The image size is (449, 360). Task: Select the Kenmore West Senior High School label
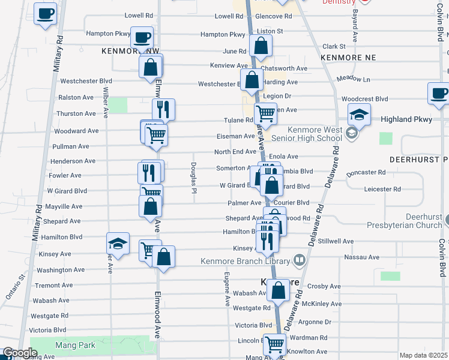[315, 134]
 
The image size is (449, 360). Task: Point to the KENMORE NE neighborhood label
[348, 57]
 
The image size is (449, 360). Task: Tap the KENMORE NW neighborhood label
[126, 52]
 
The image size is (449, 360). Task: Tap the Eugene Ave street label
[227, 289]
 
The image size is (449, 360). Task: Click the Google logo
[20, 353]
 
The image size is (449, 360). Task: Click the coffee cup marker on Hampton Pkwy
[142, 38]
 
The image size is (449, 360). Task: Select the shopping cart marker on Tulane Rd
[265, 112]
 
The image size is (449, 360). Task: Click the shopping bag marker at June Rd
[261, 45]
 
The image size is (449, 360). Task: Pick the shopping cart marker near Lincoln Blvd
[274, 344]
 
